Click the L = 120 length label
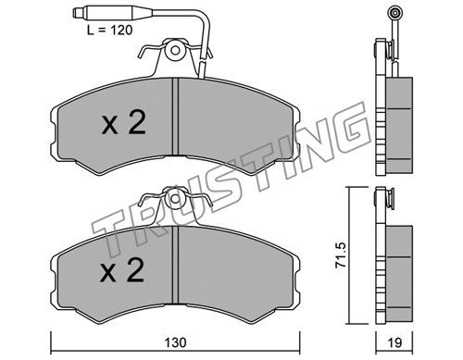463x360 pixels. (109, 31)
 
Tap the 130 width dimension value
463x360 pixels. (175, 342)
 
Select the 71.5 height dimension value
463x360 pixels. (341, 254)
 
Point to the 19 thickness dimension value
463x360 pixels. (394, 342)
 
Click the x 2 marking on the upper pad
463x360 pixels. (123, 123)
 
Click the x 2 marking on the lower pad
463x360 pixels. (122, 270)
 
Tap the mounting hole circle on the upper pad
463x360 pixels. (175, 50)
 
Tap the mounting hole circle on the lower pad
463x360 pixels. (175, 199)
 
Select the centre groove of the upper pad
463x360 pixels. (175, 117)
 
